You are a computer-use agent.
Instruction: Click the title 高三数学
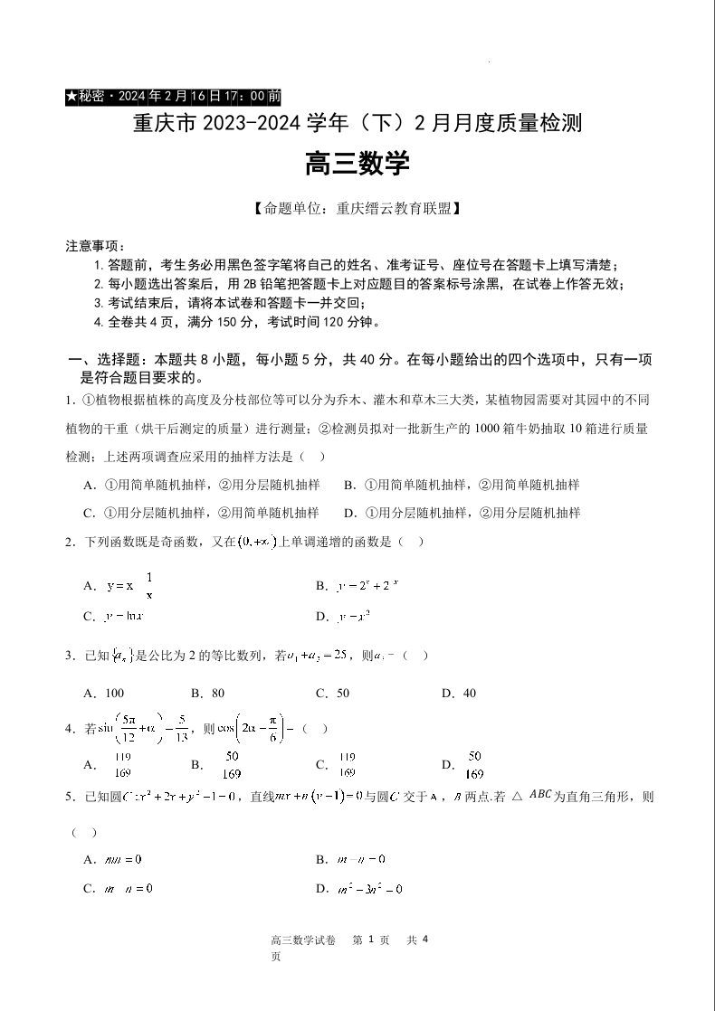[357, 165]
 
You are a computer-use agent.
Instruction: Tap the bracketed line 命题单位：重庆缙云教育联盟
[357, 209]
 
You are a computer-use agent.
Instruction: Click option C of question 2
[114, 617]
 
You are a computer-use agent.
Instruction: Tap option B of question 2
[357, 586]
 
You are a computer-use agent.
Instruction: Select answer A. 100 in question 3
[103, 694]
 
